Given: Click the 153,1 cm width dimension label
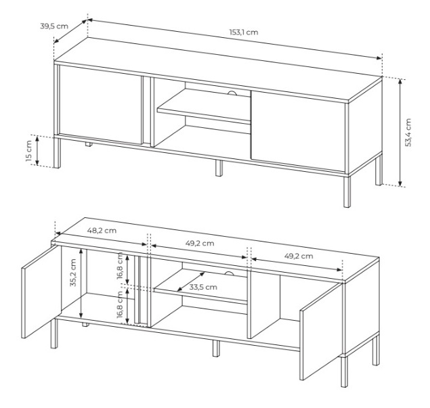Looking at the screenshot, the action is [x=244, y=32].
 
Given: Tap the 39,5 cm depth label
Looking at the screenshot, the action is [x=54, y=26].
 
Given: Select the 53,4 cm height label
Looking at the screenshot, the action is [x=408, y=133].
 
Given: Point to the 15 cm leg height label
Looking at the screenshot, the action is [x=29, y=151].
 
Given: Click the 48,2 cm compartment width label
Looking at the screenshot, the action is [x=102, y=231].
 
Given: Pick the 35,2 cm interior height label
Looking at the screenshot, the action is [x=73, y=273].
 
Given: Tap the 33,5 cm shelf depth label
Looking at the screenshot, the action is [x=203, y=287].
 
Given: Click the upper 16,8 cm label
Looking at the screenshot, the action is [x=120, y=266].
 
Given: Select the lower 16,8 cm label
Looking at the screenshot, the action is [x=120, y=304].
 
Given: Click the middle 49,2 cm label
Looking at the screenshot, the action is [x=200, y=244].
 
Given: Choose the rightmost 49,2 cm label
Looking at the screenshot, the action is [x=299, y=256].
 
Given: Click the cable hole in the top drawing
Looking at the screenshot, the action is [x=232, y=93].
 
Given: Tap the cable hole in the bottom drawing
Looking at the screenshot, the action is [x=228, y=273].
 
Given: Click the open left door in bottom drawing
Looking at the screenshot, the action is [x=41, y=292].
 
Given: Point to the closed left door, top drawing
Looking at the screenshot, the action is [x=100, y=105].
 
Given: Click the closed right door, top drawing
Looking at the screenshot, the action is [x=298, y=129].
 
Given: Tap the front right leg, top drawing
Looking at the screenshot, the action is [x=347, y=191].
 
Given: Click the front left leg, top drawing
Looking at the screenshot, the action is [x=57, y=152].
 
